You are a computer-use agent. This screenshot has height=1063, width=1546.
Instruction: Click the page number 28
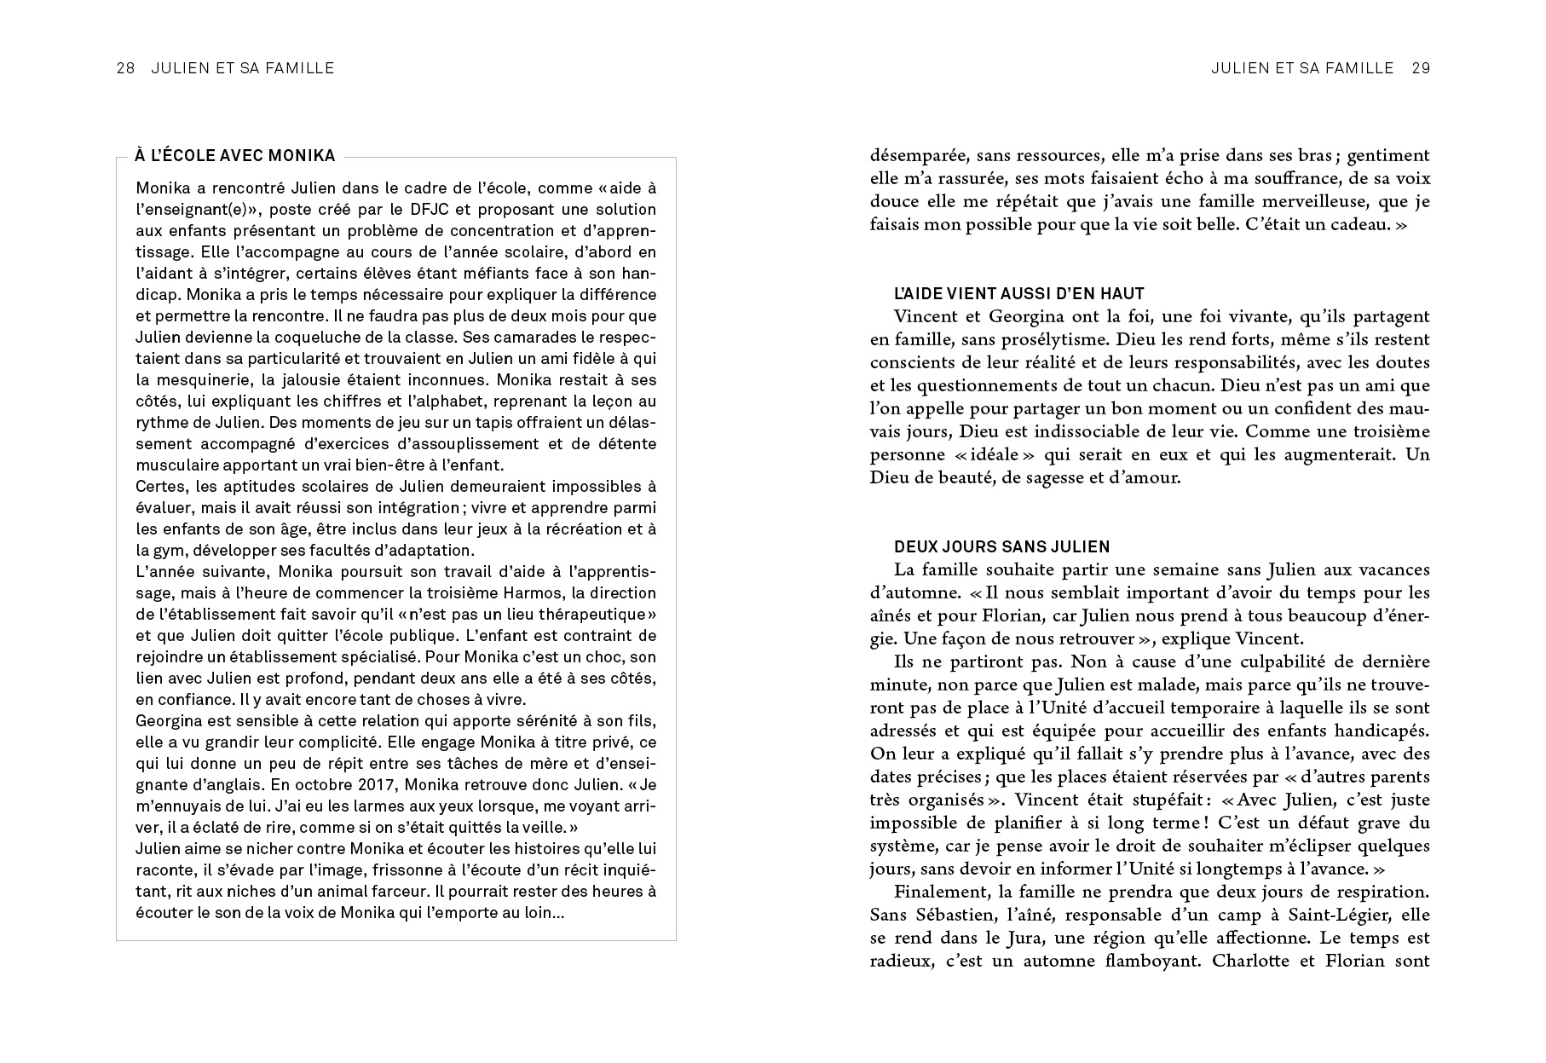(x=125, y=68)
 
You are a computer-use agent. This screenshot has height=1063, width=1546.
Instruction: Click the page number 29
(x=1421, y=68)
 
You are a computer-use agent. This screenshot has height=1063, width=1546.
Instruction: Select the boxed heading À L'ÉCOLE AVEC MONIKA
(x=234, y=156)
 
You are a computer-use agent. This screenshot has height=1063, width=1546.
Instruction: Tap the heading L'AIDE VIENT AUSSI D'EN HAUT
(x=1018, y=293)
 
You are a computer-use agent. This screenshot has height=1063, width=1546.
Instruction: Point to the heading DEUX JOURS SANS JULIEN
(x=1001, y=547)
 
